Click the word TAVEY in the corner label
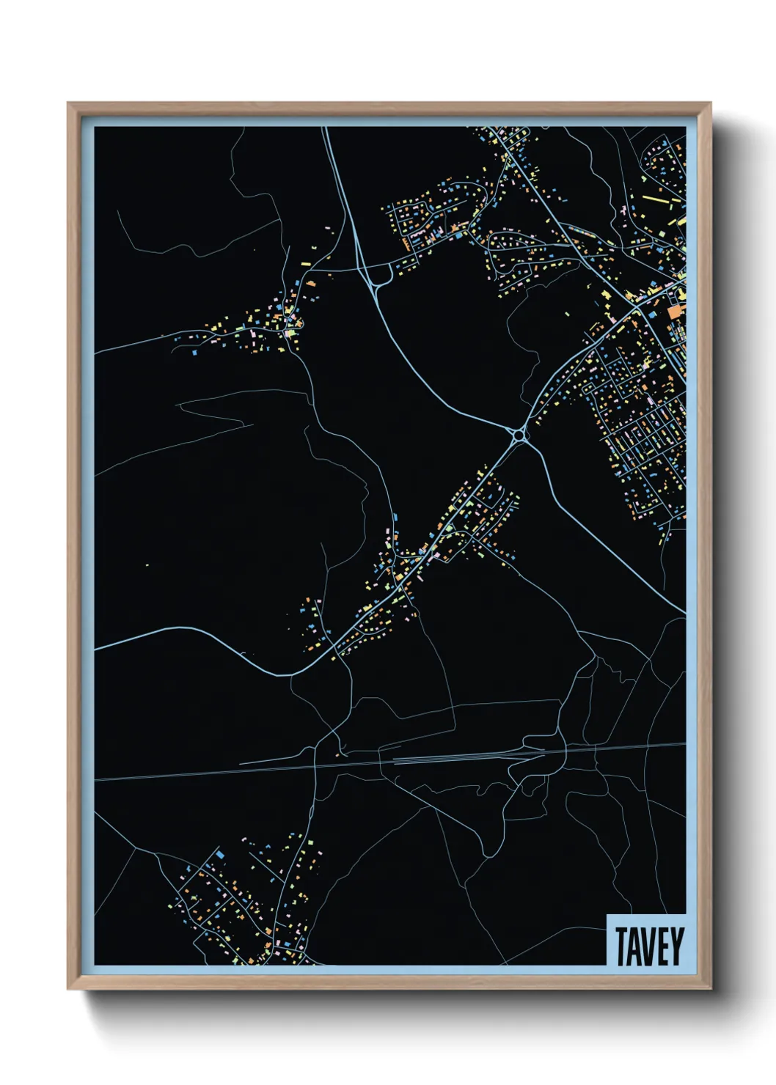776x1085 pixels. (649, 946)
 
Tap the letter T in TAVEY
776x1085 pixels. (621, 946)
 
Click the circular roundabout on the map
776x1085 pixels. (520, 435)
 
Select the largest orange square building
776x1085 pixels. (673, 312)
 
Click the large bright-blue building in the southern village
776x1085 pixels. (219, 855)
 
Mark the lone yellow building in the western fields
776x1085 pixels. (147, 564)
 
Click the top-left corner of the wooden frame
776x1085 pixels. (69, 104)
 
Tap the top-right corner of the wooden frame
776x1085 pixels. (709, 104)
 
